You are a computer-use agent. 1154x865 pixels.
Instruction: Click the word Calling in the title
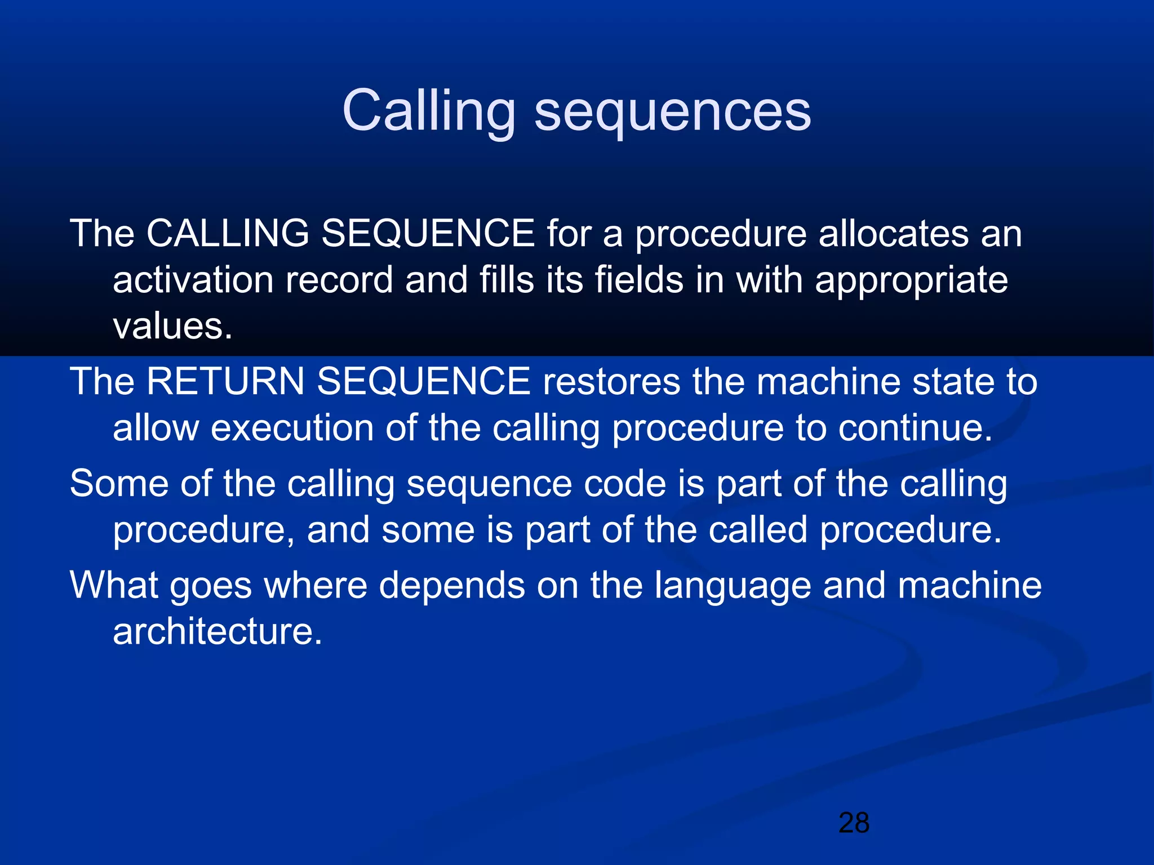428,112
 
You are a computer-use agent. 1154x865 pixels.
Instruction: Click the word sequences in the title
672,112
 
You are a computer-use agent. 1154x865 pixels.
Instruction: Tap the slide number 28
854,823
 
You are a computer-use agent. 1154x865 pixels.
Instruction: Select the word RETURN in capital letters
225,381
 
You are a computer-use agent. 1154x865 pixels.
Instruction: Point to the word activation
193,280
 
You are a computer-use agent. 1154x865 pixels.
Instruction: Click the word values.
172,326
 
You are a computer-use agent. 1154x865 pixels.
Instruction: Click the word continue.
915,427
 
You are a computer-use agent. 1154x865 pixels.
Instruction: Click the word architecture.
217,631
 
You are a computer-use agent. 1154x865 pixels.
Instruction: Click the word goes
210,586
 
